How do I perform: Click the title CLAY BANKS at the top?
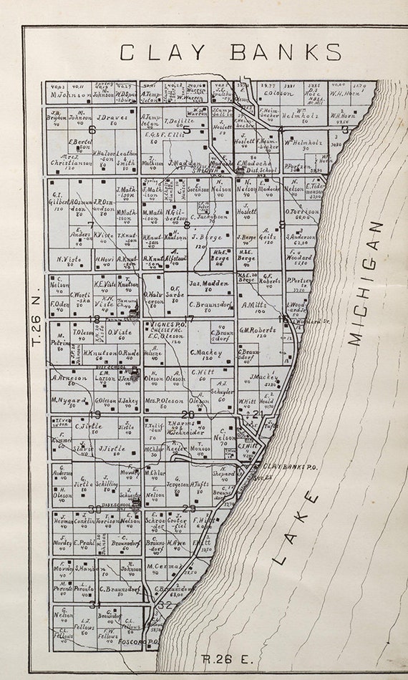[x=230, y=53]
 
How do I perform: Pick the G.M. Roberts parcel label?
[x=258, y=330]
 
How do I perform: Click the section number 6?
[x=92, y=130]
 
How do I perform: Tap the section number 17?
[x=189, y=319]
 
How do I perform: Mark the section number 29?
[x=189, y=508]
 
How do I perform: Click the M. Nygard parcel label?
[x=68, y=400]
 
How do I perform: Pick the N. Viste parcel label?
[x=68, y=259]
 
